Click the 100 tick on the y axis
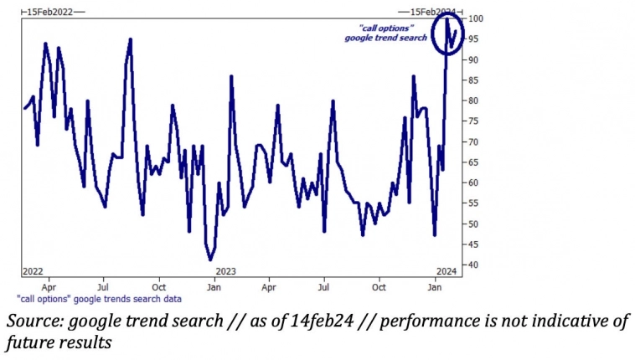[x=475, y=18]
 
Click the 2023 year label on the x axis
[x=225, y=271]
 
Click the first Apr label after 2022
[x=49, y=287]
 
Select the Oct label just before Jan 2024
[x=379, y=287]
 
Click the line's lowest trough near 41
[x=211, y=260]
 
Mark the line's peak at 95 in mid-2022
[x=131, y=39]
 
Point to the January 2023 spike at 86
[x=230, y=76]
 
